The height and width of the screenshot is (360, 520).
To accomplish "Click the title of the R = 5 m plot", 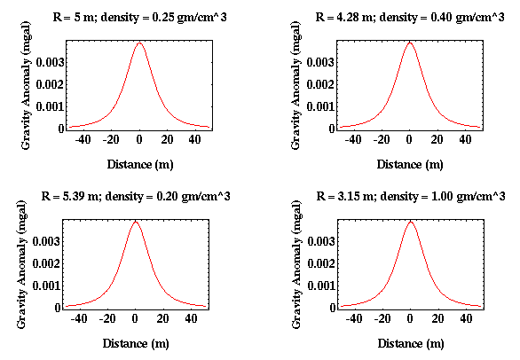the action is pos(139,17).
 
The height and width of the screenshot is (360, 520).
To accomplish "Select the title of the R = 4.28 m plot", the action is pos(410,17).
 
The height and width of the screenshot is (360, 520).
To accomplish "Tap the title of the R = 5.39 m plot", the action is pos(136,196).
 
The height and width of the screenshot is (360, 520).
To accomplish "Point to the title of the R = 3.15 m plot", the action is pos(411,196).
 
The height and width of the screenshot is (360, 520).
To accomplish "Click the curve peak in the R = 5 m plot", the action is pos(139,43).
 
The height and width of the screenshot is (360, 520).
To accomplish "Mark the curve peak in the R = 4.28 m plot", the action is pos(410,43).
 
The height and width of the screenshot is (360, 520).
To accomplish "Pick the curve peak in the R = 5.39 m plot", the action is pos(135,222).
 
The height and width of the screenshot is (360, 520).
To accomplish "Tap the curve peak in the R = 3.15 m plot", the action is pos(411,222).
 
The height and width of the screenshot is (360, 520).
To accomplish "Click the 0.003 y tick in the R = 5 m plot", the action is pos(50,62).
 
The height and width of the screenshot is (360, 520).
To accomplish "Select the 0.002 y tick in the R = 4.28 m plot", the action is pos(320,84).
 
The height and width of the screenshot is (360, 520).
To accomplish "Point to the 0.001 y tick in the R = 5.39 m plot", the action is pos(46,286).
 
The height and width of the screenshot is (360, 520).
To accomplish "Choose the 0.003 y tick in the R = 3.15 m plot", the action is pos(321,241).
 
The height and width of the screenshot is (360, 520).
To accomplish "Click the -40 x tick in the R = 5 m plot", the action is pos(83,139).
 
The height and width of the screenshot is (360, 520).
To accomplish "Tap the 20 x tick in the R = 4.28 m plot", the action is pos(437,139).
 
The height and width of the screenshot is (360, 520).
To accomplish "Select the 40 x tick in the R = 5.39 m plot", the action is pos(191,318).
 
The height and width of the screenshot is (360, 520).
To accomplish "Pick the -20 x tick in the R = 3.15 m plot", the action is pos(382,318).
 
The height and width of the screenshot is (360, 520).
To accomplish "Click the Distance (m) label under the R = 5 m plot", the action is pos(140,164).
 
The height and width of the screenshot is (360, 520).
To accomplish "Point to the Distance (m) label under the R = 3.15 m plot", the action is pos(411,343).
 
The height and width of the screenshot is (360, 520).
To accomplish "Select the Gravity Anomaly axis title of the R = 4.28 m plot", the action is pos(295,85).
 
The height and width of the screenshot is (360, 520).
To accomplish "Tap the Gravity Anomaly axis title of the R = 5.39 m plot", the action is pos(21,264).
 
